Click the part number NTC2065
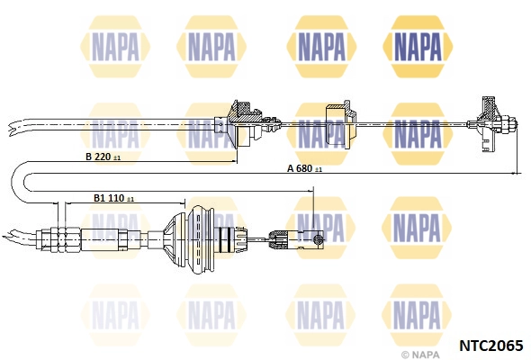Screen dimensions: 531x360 pyautogui.click(x=491, y=345)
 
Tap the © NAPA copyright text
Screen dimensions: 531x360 pyautogui.click(x=420, y=355)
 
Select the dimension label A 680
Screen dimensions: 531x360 pyautogui.click(x=300, y=168)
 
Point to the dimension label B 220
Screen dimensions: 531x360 pyautogui.click(x=98, y=157)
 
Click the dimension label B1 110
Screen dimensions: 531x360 pyautogui.click(x=109, y=198)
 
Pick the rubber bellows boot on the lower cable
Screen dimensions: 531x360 pyautogui.click(x=190, y=239)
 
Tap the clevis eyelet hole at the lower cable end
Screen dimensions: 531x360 pyautogui.click(x=318, y=239)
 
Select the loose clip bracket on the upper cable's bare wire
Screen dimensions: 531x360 pyautogui.click(x=339, y=124)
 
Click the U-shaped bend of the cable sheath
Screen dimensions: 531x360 pyautogui.click(x=19, y=182)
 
